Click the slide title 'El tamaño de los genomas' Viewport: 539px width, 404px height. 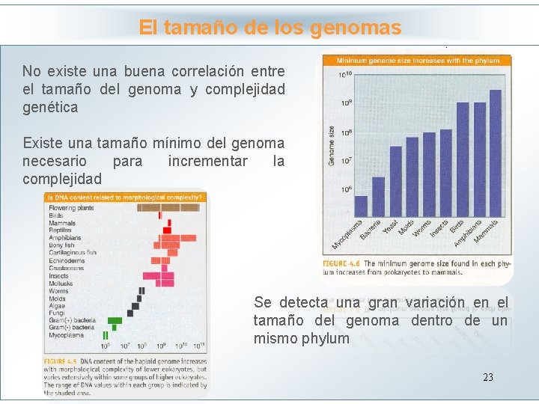point(269,28)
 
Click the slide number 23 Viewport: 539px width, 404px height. point(487,377)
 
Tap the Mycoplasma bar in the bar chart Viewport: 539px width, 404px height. point(360,206)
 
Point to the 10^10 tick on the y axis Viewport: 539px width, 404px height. point(344,75)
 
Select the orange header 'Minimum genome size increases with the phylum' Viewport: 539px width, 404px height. point(417,60)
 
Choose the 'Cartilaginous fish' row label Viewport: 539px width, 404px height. point(73,253)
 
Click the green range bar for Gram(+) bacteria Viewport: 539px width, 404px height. point(115,320)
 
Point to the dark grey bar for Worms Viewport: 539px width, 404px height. point(141,290)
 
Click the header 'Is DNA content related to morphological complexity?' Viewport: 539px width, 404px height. point(125,198)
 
